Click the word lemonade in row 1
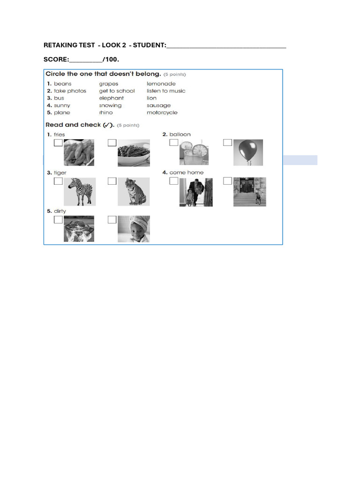pos(161,84)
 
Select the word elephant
pos(112,98)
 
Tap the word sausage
pos(159,105)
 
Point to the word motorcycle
pos(162,113)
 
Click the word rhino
pos(106,113)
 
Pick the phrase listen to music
pos(166,91)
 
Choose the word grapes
pos(109,84)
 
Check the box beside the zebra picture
pos(58,181)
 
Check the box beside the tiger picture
pos(112,181)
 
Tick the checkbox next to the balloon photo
pos(228,142)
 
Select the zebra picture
pos(80,192)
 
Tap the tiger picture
pos(134,192)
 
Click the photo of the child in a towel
pos(134,229)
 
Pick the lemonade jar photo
pos(194,153)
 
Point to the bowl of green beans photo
pos(134,153)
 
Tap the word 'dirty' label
pos(60,211)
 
